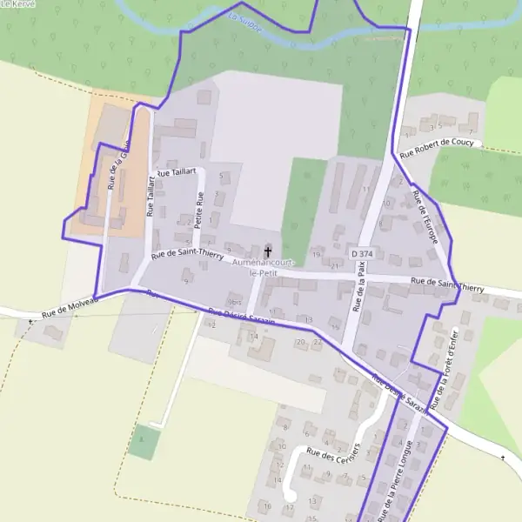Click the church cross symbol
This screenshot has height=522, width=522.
tap(267, 251)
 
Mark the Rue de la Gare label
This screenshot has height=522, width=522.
tap(117, 165)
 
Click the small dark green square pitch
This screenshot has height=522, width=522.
tap(144, 442)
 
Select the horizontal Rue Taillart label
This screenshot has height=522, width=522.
tap(176, 173)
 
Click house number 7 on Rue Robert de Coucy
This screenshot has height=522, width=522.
tap(471, 130)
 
